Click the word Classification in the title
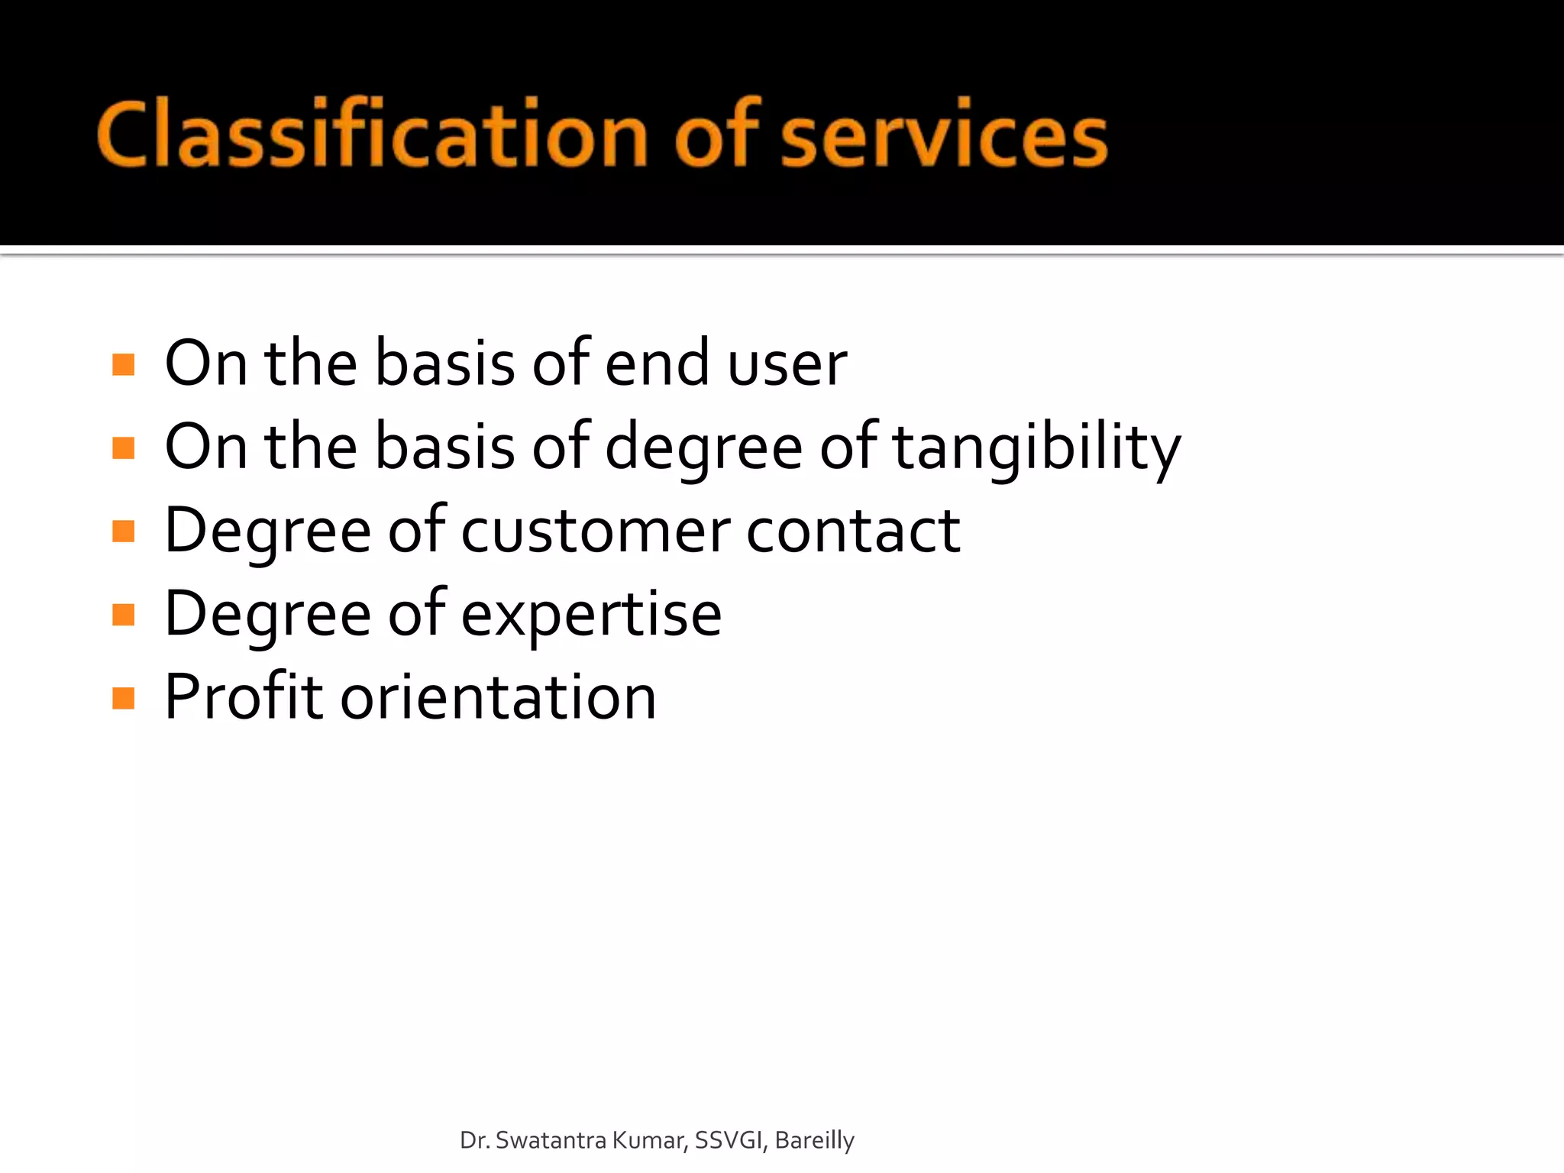point(373,134)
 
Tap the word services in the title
point(944,136)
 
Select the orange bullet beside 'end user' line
point(123,364)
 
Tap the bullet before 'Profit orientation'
point(123,698)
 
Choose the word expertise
point(591,616)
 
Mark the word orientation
point(498,698)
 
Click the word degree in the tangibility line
point(703,449)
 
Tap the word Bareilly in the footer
point(814,1141)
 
